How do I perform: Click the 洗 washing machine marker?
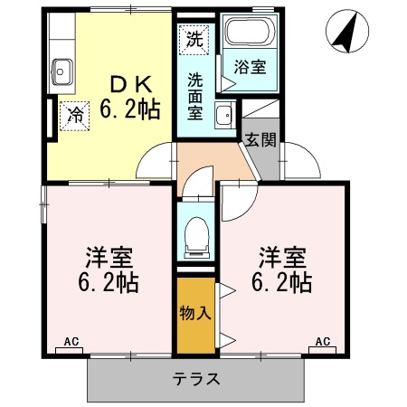click(x=194, y=39)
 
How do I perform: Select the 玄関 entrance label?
click(x=261, y=140)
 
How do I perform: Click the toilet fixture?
click(x=195, y=237)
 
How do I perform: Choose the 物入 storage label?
click(x=195, y=314)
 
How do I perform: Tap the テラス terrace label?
click(x=196, y=379)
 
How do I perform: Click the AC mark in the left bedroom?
click(x=72, y=342)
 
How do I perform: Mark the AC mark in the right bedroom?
click(x=322, y=342)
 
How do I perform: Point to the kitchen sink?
click(x=63, y=68)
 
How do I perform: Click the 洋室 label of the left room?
click(x=107, y=256)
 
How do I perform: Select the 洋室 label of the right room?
click(x=281, y=256)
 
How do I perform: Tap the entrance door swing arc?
click(x=302, y=163)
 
